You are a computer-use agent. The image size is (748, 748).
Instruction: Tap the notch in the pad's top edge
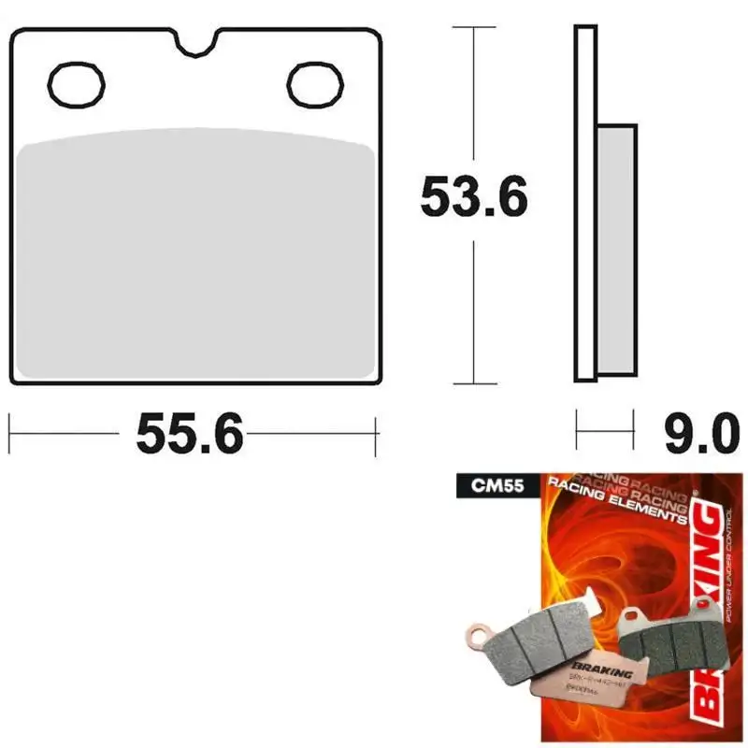coord(196,42)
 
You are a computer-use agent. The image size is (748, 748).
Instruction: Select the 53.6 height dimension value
coord(474,197)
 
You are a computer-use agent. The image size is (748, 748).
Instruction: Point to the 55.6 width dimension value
coord(190,434)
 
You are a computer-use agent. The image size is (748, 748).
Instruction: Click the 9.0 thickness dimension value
coord(697,434)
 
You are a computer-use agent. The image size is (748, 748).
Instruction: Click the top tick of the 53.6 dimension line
coord(474,28)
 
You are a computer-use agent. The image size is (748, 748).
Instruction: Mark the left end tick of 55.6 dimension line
coord(10,433)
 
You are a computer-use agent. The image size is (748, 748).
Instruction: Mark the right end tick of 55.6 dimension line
coord(376,433)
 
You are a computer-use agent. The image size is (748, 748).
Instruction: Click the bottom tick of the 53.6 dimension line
coord(474,383)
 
